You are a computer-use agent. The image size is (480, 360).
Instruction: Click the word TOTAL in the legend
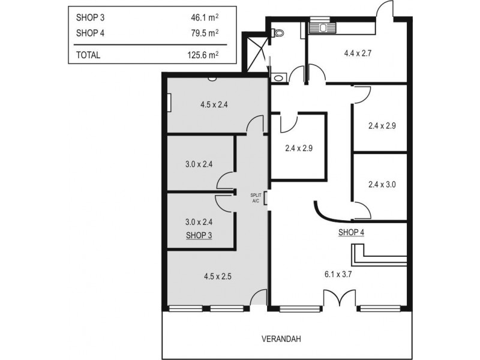[88, 55]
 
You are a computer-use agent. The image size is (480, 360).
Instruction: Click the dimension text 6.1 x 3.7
[341, 275]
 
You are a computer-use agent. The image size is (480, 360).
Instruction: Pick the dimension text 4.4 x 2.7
[358, 53]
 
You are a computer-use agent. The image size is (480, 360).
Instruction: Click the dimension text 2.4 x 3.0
[382, 185]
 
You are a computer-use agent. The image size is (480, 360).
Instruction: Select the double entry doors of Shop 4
[335, 299]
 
